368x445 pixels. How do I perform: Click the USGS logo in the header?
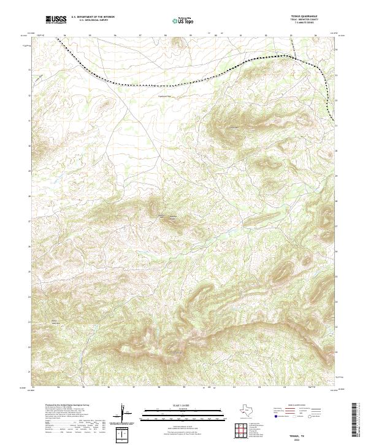pyautogui.click(x=56, y=20)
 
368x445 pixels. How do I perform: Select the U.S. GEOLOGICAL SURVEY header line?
pyautogui.click(x=90, y=21)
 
